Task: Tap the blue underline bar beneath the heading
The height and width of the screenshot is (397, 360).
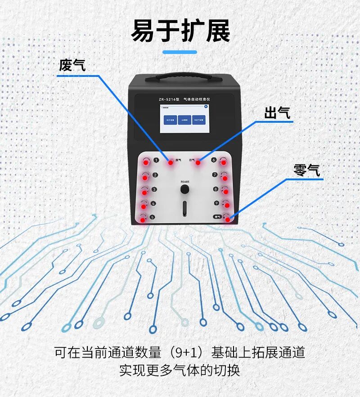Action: [180, 52]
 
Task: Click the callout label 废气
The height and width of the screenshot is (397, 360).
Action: [72, 66]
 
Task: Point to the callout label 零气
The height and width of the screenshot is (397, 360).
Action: [306, 170]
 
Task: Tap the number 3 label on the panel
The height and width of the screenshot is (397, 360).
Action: [154, 189]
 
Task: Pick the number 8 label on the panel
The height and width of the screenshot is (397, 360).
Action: [216, 189]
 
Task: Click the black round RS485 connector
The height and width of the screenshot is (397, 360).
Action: [184, 190]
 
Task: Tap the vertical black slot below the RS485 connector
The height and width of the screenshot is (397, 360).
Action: [184, 209]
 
